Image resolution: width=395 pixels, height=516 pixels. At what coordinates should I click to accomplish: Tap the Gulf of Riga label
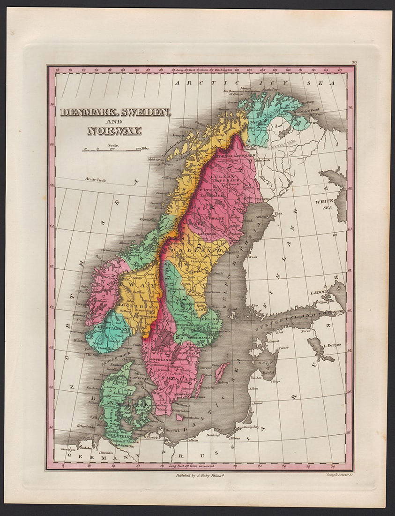(x=267, y=362)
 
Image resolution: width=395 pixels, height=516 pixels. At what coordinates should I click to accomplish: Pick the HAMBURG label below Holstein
(x=113, y=446)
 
